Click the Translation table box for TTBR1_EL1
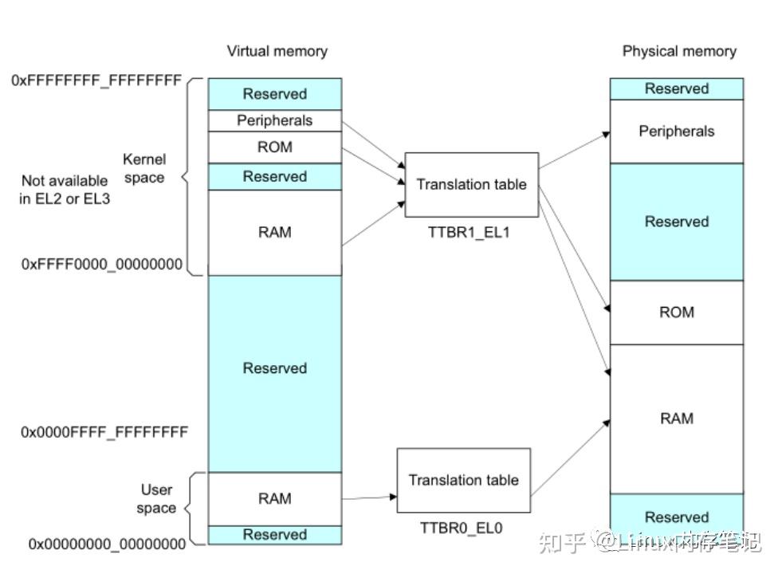coord(471,184)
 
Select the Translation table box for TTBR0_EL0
coord(463,480)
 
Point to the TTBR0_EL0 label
coord(461,528)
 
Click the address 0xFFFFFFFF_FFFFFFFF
coord(96,80)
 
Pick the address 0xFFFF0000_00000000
coord(102,264)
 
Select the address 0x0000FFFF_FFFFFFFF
coord(104,432)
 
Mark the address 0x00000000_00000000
coord(107,544)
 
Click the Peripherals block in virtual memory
coord(275,120)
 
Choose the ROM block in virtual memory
coord(275,147)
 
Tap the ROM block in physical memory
coord(676,313)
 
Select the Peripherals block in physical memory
coord(676,132)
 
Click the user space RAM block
coord(275,499)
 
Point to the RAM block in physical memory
coord(676,419)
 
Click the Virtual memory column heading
coord(277,51)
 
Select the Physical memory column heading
coord(679,51)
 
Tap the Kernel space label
coord(144,168)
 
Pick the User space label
coord(156,499)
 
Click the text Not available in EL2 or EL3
coord(65,190)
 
